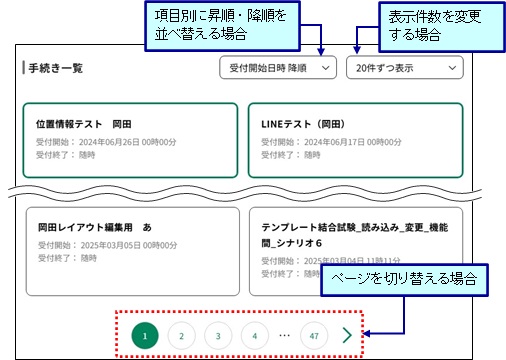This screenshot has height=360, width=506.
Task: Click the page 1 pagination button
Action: pos(145,336)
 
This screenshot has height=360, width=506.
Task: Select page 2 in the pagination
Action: pos(181,336)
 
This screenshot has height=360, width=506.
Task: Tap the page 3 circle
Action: pos(218,336)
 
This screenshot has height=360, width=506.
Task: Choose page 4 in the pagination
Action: pos(255,336)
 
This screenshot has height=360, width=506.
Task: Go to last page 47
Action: pos(314,336)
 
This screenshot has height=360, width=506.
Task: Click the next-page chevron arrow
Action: pos(347,335)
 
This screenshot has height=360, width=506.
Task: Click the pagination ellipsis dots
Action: pos(284,335)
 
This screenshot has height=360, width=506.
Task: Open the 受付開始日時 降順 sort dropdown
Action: pos(278,68)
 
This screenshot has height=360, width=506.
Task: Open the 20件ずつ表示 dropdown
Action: pos(405,68)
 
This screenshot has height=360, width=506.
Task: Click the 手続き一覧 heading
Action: pos(55,68)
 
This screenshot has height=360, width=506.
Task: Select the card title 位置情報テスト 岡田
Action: pos(84,124)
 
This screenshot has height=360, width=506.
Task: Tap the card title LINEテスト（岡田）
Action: pos(303,124)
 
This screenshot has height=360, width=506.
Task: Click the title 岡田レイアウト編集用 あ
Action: pos(95,227)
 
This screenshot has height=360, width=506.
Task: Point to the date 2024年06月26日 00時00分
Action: pos(128,142)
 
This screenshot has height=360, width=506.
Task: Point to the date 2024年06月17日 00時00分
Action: pos(353,142)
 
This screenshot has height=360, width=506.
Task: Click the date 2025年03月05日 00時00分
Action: pos(129,245)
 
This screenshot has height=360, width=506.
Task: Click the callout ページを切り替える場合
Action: pos(404,280)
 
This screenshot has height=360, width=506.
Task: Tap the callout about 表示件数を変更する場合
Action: pos(442,27)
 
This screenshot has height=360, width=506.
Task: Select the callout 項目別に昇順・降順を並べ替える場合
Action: pos(222,26)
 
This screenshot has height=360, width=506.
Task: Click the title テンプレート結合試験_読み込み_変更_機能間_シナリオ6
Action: pos(355,235)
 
